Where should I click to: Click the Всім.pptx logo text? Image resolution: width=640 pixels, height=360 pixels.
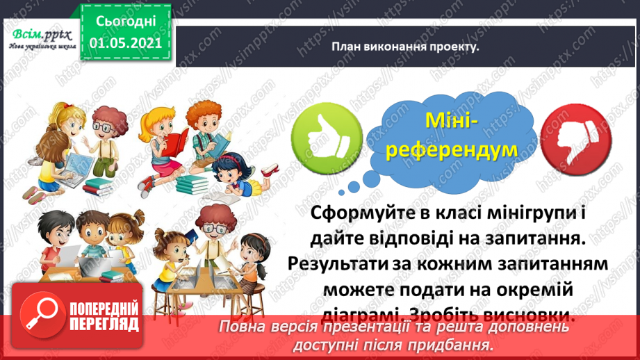pos(40,33)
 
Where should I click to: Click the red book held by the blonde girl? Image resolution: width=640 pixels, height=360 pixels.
pos(173,142)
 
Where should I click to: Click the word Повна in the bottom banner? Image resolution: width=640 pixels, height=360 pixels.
pos(243,327)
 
